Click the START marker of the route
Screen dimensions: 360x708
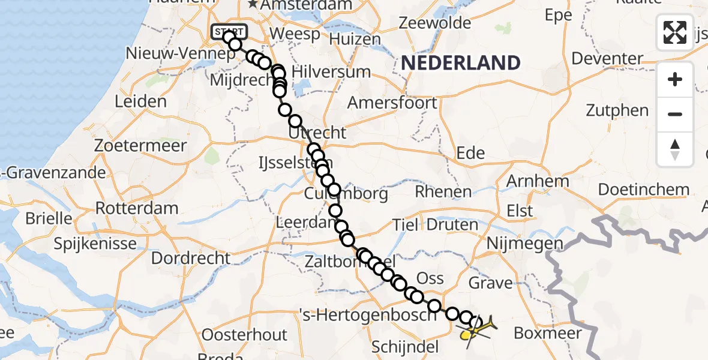229,31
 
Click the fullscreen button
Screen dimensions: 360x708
675,32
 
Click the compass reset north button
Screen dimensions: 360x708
675,149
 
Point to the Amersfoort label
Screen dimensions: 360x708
392,103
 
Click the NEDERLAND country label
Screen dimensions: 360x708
460,62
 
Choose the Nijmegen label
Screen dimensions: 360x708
525,244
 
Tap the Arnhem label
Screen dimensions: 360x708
538,181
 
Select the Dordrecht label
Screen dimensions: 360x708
191,259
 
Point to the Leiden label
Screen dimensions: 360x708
140,101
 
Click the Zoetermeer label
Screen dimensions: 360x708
140,145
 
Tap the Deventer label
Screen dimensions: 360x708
607,59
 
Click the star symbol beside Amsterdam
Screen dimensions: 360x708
253,5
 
